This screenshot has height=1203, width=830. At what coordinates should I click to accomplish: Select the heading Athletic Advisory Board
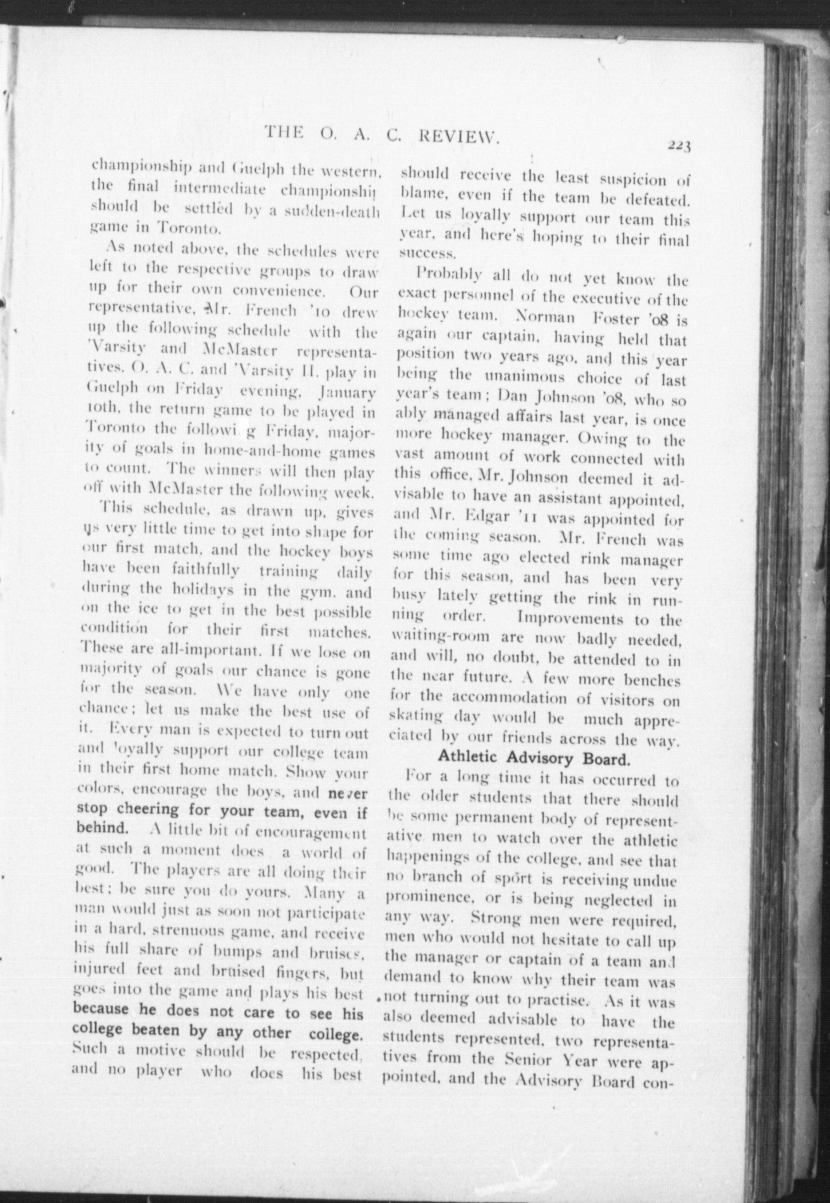click(533, 759)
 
